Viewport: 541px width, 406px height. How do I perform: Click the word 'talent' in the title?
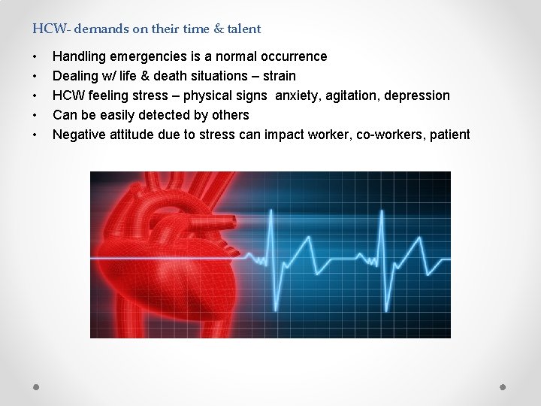[243, 29]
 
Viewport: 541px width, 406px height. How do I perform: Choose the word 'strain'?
[280, 76]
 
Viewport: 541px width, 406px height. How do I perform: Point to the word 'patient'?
[448, 135]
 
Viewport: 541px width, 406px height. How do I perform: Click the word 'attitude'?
[134, 135]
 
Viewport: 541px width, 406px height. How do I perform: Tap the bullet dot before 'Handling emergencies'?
[35, 57]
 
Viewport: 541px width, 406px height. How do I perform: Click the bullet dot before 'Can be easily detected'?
[35, 116]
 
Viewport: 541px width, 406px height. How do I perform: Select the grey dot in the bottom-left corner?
[36, 386]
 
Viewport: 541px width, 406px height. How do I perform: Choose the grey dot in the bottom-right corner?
[503, 386]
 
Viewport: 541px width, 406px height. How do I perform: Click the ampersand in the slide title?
[218, 29]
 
